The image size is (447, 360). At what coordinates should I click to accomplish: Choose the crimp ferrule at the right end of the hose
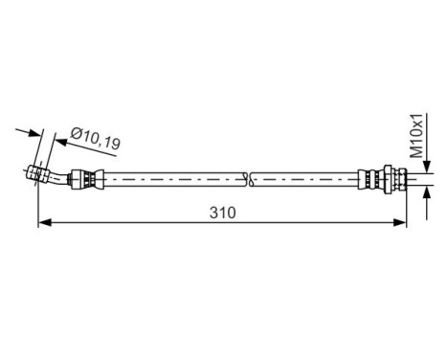[367, 178]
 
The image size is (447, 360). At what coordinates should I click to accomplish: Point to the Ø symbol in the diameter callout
[76, 137]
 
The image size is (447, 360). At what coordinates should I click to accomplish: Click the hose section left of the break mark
[172, 178]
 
